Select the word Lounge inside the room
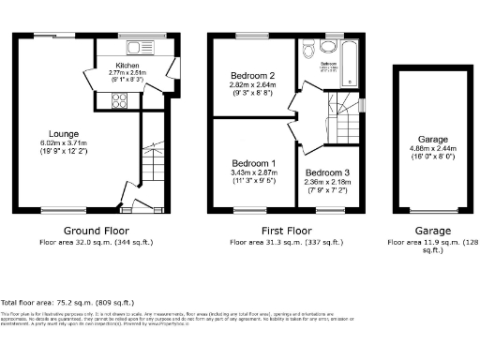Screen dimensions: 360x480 click(65, 134)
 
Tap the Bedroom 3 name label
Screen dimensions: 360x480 click(327, 172)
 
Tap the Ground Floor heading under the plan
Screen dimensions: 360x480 click(96, 230)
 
